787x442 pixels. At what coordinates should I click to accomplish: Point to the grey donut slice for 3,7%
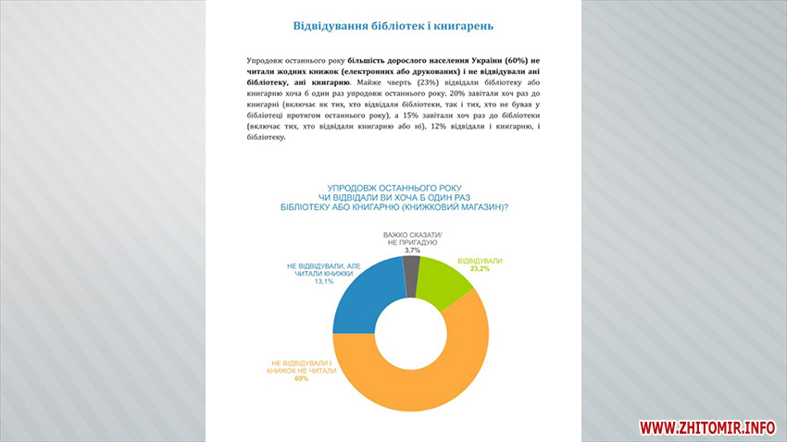(411, 269)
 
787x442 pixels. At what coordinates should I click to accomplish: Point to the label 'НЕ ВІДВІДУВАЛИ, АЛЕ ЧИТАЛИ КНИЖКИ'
(317, 271)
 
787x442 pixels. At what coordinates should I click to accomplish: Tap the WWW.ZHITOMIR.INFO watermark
(706, 427)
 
